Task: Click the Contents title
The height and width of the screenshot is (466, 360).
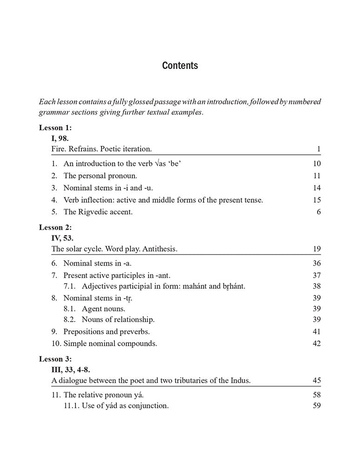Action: coord(180,66)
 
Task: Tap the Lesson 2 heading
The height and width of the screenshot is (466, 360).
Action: coord(55,227)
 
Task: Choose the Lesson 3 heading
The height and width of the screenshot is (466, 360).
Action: coord(55,358)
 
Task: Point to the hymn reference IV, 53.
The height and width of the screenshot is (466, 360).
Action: coord(62,238)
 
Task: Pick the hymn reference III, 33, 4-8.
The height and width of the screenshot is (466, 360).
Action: coord(71,370)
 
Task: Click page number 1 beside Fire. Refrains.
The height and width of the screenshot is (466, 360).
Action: coord(319,149)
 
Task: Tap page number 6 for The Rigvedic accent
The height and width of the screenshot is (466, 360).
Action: coord(319,212)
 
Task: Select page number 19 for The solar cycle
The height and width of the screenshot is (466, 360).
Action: coord(317,249)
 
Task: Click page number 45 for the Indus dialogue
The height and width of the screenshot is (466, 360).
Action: coord(317,381)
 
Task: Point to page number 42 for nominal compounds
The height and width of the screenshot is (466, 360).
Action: coord(317,344)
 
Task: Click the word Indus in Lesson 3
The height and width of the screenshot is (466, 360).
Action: coord(240,381)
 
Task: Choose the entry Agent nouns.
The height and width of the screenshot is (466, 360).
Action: coord(103,308)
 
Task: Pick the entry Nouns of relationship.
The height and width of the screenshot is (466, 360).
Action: coord(118,320)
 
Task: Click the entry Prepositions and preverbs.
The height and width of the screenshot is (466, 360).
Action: coord(107,332)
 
